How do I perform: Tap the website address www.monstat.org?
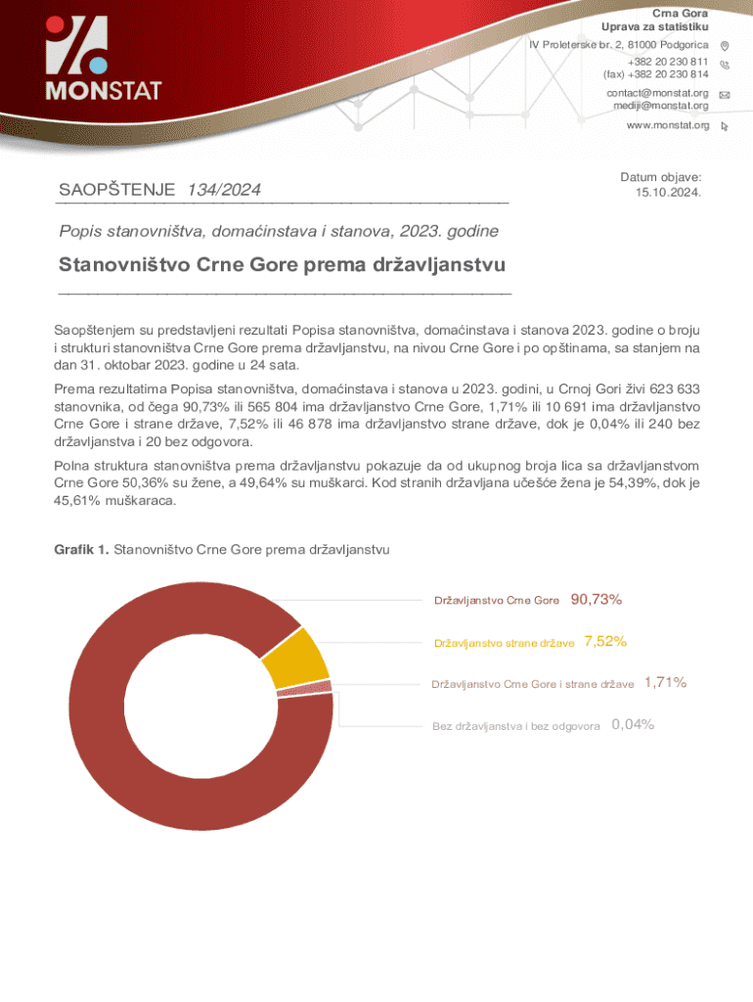tap(668, 125)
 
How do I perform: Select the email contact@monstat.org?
tap(657, 92)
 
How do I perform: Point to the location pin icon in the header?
tap(725, 46)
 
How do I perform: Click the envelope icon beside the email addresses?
tap(725, 95)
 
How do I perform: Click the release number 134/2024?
tap(224, 190)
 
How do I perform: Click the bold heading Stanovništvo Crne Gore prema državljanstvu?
tap(282, 265)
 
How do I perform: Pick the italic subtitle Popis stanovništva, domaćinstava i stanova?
tap(279, 232)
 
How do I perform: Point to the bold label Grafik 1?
tap(81, 550)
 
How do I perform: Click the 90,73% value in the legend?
tap(596, 599)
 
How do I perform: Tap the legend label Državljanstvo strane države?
tap(504, 643)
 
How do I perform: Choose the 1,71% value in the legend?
tap(665, 683)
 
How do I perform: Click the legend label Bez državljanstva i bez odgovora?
tap(516, 726)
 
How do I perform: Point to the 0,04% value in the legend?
tap(633, 724)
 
